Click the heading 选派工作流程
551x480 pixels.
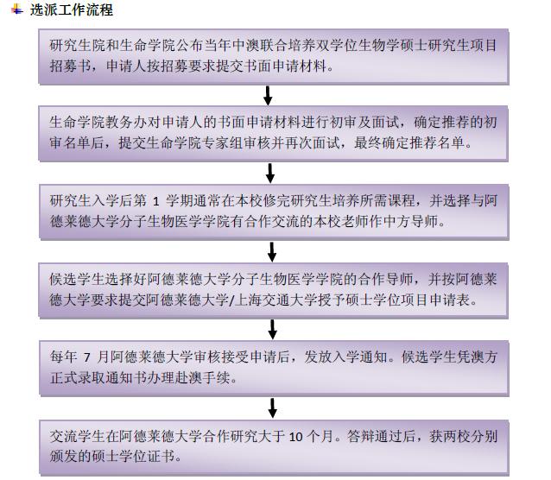pos(72,9)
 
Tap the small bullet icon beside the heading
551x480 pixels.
pos(17,9)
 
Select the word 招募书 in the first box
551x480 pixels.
pos(70,66)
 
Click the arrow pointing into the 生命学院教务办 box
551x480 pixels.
pos(268,96)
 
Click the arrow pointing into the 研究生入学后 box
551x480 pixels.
pos(269,174)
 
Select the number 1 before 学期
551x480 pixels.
pos(156,201)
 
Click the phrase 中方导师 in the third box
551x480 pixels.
pos(411,221)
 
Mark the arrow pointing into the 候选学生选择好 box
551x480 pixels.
pos(272,251)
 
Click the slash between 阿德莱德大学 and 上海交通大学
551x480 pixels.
pos(231,300)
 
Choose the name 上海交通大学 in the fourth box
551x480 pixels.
pos(269,300)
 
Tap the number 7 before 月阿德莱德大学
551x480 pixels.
pos(87,357)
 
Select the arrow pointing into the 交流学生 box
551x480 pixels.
pos(272,408)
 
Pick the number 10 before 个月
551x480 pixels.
pos(296,437)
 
